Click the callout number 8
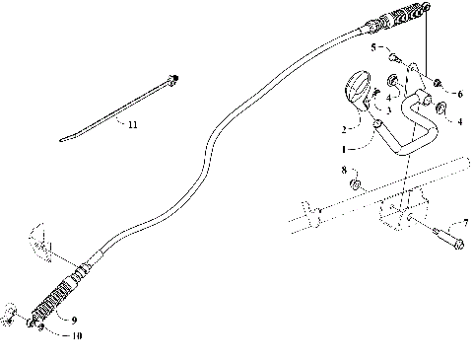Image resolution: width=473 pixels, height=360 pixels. pos(344,171)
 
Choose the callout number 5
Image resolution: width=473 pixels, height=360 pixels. pos(373,47)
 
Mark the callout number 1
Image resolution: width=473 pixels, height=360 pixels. pos(342,148)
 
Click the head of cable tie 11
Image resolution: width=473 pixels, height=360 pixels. pos(174,77)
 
